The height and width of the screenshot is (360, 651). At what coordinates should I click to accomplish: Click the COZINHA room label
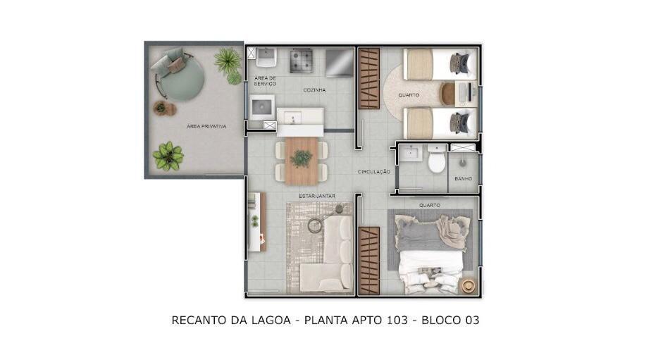click(314, 90)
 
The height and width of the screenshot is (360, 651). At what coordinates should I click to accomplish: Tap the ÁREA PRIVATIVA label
click(206, 126)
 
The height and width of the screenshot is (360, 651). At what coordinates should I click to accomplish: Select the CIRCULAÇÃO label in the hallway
click(374, 171)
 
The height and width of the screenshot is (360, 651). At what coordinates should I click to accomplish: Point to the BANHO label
click(464, 178)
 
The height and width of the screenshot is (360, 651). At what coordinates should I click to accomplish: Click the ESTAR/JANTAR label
click(317, 196)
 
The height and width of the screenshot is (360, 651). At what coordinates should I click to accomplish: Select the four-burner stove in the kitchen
click(301, 61)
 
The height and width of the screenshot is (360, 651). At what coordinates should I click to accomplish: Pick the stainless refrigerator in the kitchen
click(339, 63)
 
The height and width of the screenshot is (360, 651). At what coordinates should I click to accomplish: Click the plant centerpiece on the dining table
click(302, 159)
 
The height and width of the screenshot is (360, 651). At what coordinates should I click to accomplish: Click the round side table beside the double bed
click(469, 285)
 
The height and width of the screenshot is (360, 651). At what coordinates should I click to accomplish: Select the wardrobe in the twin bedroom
click(368, 78)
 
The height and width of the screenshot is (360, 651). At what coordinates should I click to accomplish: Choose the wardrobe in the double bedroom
click(368, 261)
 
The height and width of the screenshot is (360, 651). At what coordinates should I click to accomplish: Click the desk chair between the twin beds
click(447, 94)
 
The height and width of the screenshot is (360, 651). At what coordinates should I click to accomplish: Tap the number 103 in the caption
click(397, 320)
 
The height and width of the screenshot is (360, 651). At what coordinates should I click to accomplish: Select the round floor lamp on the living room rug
click(315, 225)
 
